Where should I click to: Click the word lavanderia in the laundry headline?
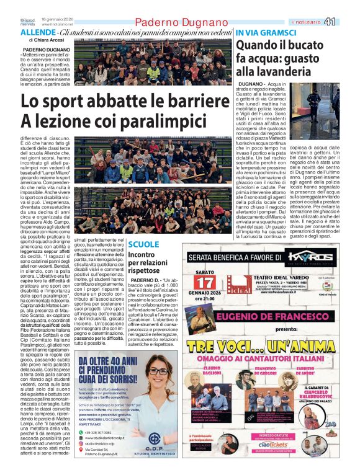coord(290,71)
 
